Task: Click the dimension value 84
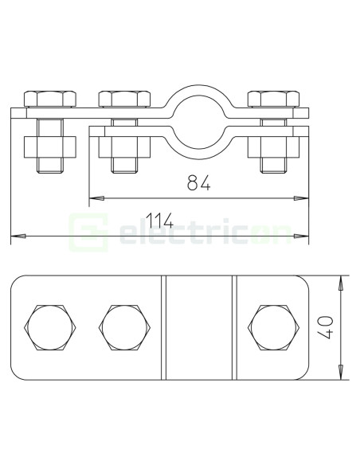198,182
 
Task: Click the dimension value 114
159,221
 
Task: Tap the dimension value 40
325,327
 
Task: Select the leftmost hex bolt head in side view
50,99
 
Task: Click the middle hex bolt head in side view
124,99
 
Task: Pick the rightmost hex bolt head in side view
273,99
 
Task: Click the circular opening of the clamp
198,122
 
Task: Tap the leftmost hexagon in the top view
50,327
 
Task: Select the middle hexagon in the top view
124,327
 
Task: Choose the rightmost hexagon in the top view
273,327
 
